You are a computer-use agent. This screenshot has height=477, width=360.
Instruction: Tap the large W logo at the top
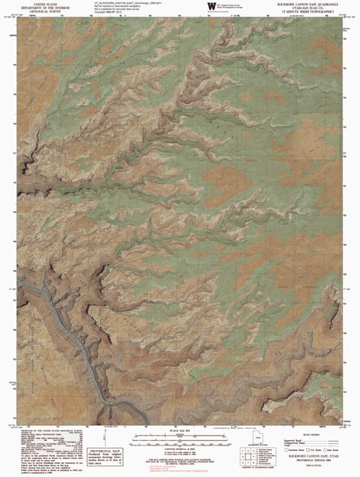[201, 7]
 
